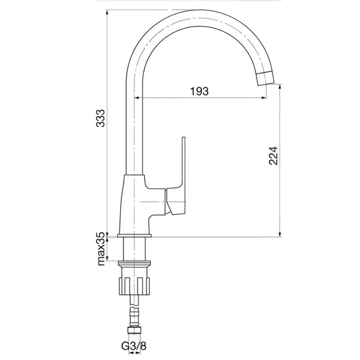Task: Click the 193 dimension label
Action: click(x=200, y=91)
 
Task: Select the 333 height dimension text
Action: click(x=100, y=118)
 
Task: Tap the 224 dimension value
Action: click(x=273, y=155)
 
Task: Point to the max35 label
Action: click(x=101, y=248)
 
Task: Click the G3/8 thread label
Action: click(x=134, y=346)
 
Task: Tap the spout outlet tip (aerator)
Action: click(x=265, y=78)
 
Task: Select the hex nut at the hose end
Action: click(x=134, y=331)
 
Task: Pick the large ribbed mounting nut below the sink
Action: click(x=134, y=286)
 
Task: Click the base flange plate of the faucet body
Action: click(x=134, y=236)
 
